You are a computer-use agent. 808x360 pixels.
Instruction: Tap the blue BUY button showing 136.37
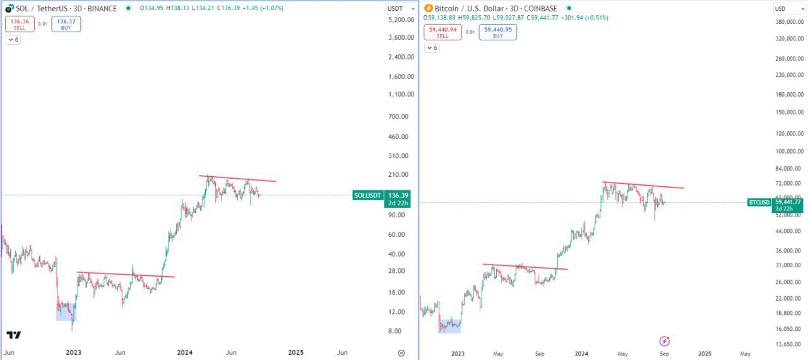[x=66, y=24]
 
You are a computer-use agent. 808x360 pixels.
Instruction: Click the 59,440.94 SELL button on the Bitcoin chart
[x=443, y=32]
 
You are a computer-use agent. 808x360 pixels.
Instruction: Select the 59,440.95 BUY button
[x=497, y=32]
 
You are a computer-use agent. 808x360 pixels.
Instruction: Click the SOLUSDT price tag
[x=368, y=195]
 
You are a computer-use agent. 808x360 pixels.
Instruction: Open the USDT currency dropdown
[x=400, y=8]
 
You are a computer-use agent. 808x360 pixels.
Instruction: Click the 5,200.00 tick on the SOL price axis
[x=401, y=20]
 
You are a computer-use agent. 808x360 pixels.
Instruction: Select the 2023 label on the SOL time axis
[x=74, y=352]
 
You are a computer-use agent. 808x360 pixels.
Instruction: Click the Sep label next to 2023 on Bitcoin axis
[x=540, y=354]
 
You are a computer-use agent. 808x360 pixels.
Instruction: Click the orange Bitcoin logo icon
[x=429, y=8]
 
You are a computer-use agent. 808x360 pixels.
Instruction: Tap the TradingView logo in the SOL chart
[x=14, y=335]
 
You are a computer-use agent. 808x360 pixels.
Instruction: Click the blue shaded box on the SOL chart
[x=66, y=311]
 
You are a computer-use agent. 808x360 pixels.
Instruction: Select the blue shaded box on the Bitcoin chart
[x=449, y=325]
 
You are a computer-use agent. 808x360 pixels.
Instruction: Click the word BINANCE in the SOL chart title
[x=102, y=8]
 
